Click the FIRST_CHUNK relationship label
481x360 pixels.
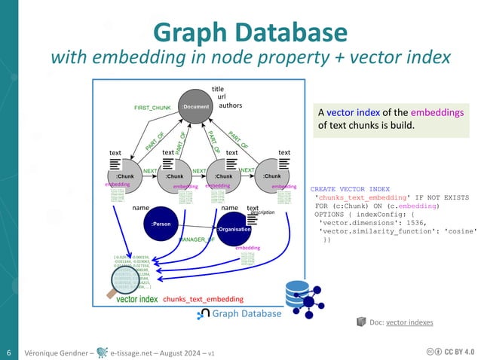pos(153,108)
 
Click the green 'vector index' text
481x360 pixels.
pos(137,299)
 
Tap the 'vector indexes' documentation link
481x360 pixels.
pos(409,322)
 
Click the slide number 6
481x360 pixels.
pos(8,352)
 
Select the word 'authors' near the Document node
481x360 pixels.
pos(230,105)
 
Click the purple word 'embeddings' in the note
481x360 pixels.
pos(437,112)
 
